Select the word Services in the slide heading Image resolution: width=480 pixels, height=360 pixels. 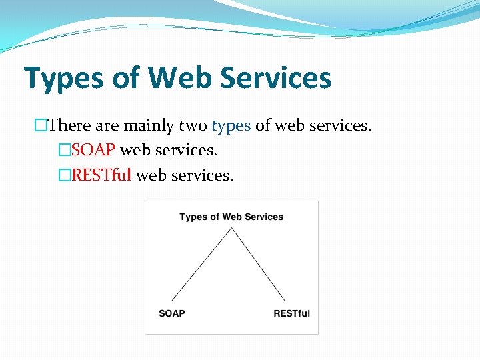[275, 77]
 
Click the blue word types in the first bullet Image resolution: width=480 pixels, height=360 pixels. [231, 125]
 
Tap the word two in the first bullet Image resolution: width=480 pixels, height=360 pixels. [193, 125]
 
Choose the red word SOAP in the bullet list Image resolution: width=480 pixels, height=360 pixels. [93, 151]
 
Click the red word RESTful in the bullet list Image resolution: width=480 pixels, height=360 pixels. [102, 175]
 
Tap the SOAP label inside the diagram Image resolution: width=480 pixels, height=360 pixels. [172, 313]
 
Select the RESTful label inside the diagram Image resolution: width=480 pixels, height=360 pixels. [291, 313]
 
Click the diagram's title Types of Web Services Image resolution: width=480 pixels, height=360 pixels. [231, 217]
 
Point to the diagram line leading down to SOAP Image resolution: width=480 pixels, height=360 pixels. [201, 265]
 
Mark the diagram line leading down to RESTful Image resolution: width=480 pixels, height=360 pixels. [259, 265]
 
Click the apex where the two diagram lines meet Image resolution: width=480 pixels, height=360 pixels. [231, 229]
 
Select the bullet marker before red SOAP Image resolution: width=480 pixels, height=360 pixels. [64, 151]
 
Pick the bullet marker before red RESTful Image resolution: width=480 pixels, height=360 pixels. [64, 175]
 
